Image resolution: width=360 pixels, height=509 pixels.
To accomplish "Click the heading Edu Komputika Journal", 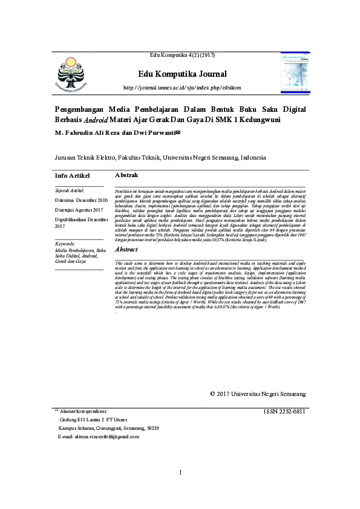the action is tap(182, 74).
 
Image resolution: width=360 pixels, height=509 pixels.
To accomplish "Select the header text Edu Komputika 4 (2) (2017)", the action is tap(182, 56).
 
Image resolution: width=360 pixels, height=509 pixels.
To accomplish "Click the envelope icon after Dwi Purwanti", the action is tap(177, 132).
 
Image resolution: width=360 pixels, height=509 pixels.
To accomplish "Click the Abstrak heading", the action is tap(126, 175).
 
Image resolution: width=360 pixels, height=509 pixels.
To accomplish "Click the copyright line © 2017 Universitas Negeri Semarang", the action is tap(257, 394).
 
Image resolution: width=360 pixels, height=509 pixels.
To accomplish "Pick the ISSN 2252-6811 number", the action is tap(284, 412).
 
